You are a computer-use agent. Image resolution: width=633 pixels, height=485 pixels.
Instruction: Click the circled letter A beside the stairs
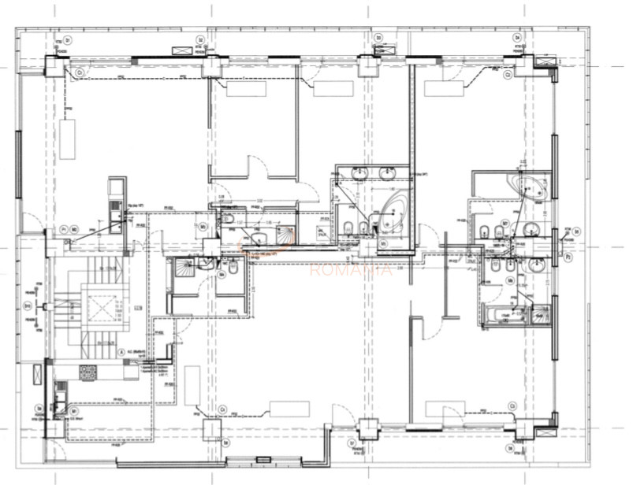(121, 353)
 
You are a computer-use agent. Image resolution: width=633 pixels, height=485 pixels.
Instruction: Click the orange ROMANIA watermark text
(352, 269)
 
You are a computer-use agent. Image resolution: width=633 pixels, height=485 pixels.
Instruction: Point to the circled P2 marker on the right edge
(568, 256)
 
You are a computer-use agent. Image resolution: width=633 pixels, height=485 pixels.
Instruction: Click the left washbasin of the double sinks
(364, 173)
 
